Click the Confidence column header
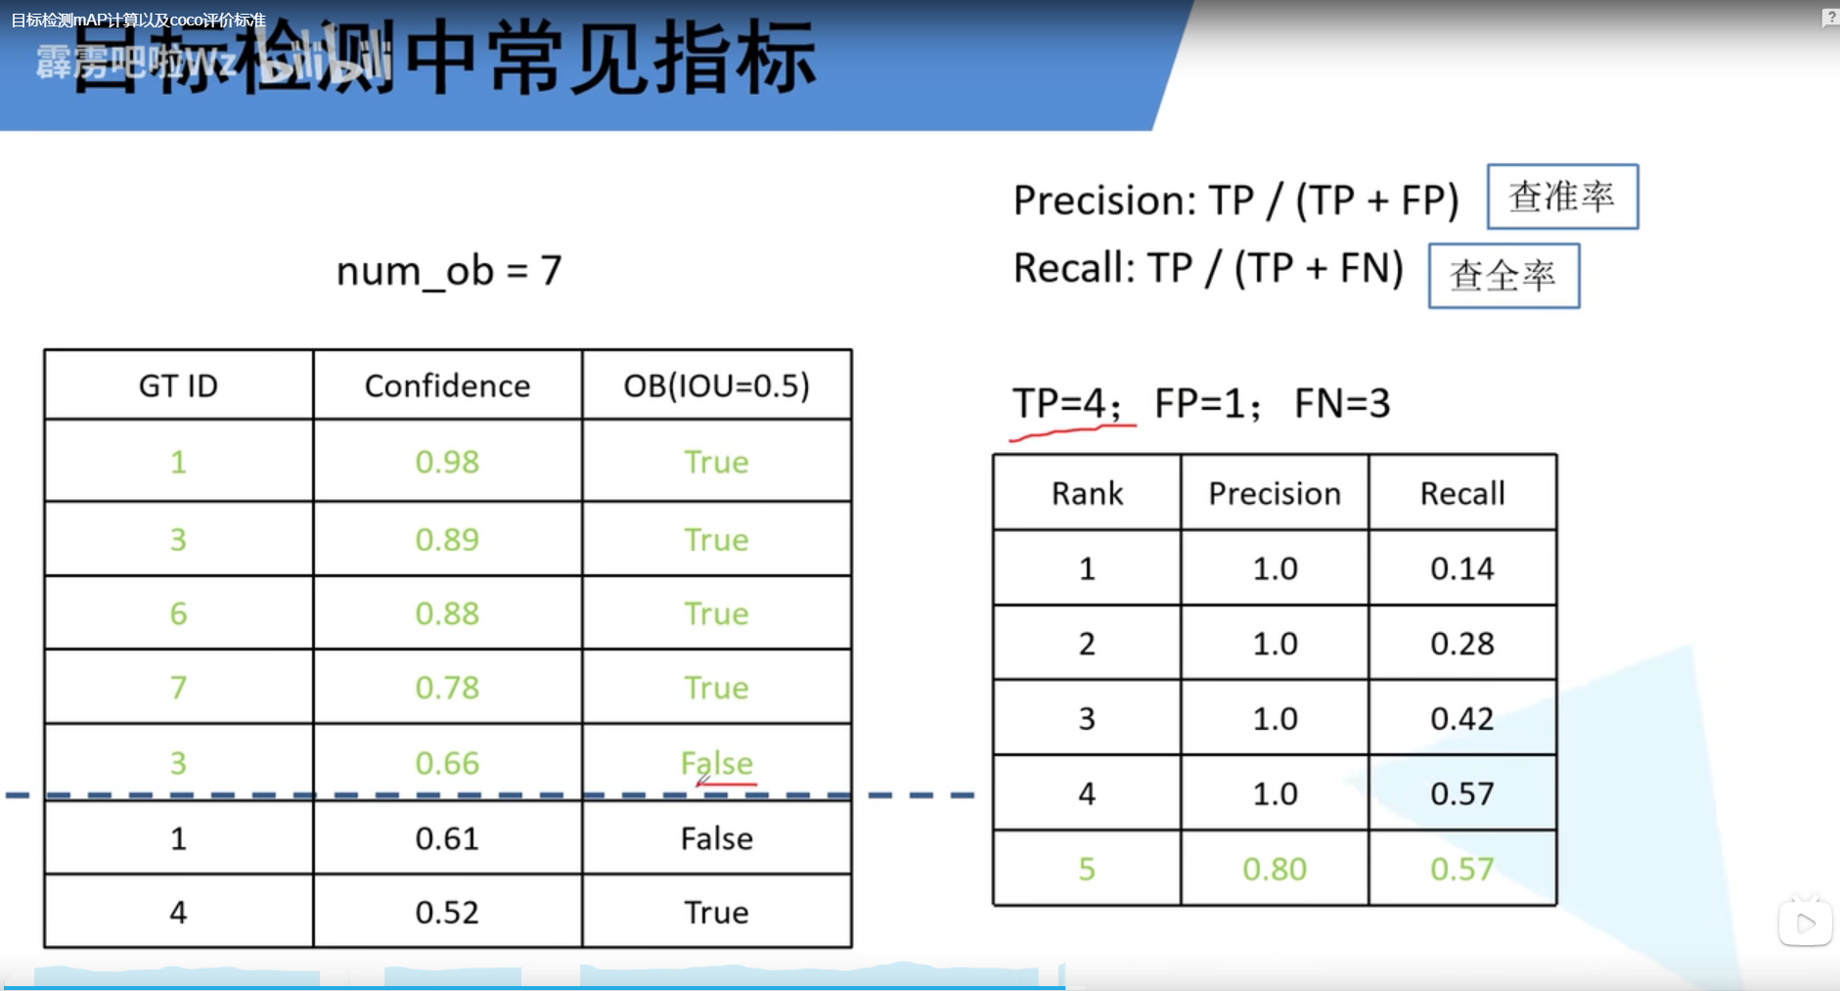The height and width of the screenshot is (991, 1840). point(447,385)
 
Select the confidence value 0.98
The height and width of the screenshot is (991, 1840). point(447,462)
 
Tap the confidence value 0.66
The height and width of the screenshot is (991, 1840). point(447,763)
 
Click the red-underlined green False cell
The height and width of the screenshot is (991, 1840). point(717,763)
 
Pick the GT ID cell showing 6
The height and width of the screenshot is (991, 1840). point(178,613)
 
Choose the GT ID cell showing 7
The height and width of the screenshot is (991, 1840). point(178,688)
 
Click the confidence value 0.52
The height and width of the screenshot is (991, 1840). point(447,913)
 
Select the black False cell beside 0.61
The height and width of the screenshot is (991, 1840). point(717,838)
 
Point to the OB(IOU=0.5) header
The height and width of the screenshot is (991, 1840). point(717,385)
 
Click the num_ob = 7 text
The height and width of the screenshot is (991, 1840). point(449,271)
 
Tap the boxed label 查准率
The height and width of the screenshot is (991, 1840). point(1562,197)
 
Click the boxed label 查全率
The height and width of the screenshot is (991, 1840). point(1503,276)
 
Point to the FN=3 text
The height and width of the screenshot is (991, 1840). point(1342,403)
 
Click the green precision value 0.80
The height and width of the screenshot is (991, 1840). point(1275,869)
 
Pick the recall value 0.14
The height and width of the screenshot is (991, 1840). point(1462,568)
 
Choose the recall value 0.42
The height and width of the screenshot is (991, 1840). point(1462,719)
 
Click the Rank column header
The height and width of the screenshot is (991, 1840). point(1087,493)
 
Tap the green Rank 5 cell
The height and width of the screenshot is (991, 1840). point(1087,869)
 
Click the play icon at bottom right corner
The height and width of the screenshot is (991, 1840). point(1805,923)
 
